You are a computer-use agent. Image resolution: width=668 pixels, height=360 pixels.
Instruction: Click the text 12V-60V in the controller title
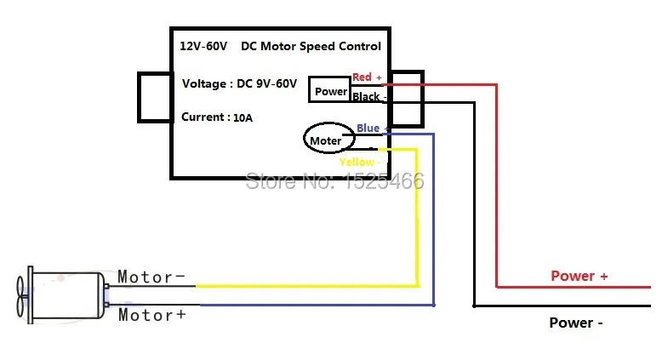tap(203, 46)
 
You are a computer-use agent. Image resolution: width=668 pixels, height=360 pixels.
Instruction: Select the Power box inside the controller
tap(329, 89)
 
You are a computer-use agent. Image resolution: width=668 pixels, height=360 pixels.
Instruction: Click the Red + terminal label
tap(367, 77)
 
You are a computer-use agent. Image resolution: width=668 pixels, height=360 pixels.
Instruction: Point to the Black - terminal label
tap(369, 97)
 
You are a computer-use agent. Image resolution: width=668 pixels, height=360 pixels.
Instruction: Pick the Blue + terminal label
tap(373, 128)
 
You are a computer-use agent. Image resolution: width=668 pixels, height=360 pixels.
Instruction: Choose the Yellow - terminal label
tap(360, 162)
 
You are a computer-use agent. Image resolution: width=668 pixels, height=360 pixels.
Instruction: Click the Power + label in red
tap(579, 276)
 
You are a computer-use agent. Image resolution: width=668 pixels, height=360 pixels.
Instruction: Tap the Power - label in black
tap(575, 323)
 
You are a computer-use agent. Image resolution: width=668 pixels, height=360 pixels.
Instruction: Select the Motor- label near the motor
tap(151, 277)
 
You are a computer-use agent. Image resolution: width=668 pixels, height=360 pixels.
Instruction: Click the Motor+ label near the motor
tap(152, 315)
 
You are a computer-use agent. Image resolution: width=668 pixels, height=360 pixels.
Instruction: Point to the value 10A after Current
tap(243, 118)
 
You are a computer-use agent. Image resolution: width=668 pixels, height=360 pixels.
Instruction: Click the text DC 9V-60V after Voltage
tap(266, 83)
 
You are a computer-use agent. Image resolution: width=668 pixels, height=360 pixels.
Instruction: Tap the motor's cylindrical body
tap(67, 295)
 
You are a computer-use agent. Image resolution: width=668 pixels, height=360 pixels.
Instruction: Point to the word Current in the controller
tap(203, 117)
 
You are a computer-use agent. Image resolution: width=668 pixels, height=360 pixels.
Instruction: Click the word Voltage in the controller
tap(204, 84)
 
